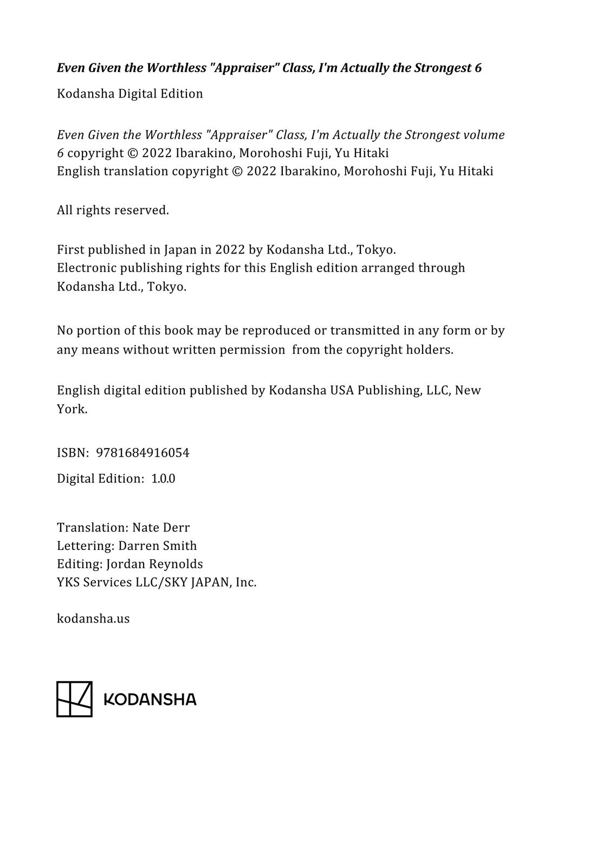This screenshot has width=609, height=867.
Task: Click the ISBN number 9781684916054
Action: click(142, 453)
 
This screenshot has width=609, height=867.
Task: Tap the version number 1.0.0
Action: click(163, 479)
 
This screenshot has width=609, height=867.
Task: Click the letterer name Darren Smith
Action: click(157, 546)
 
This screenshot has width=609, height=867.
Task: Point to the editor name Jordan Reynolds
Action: click(154, 564)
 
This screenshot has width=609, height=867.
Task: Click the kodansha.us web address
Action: click(93, 619)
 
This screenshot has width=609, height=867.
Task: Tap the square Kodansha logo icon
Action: click(74, 699)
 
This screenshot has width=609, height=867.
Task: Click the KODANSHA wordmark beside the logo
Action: click(150, 700)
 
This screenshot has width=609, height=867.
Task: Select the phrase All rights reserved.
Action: click(113, 210)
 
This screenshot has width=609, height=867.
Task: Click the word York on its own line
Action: click(72, 409)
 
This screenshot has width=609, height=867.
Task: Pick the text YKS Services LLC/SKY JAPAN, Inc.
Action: click(157, 583)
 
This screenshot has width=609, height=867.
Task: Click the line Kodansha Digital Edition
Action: click(130, 94)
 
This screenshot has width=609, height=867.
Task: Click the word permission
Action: click(252, 350)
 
